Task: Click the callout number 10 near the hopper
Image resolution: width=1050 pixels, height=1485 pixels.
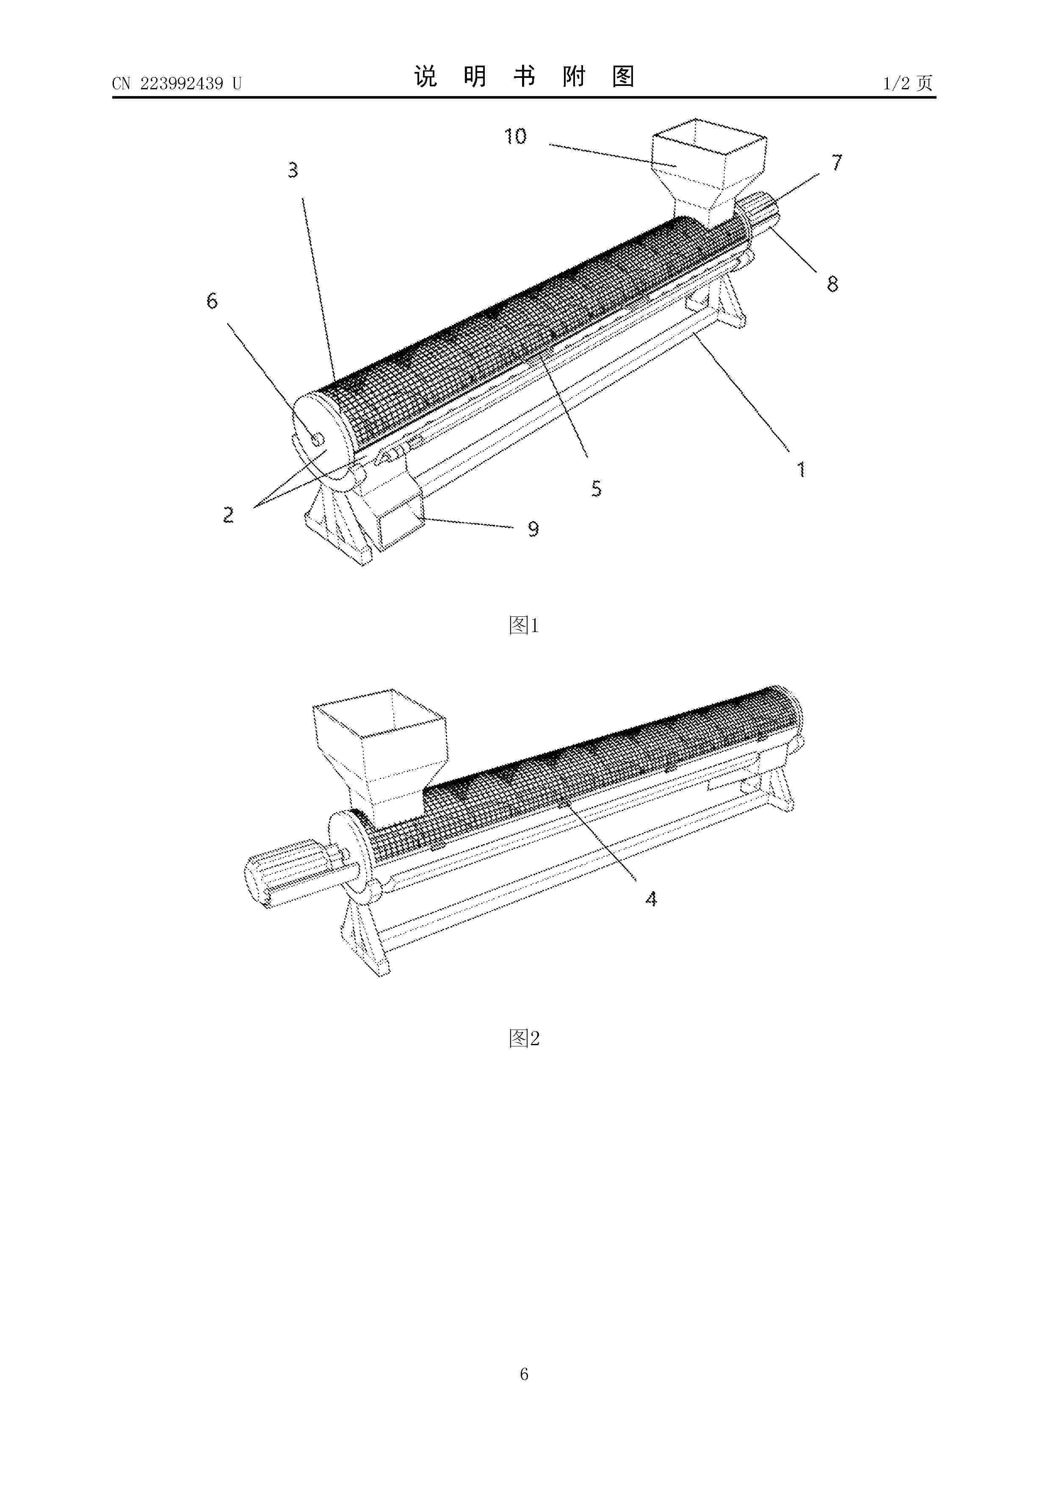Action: point(516,136)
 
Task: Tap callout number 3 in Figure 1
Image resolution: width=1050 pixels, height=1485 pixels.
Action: point(293,171)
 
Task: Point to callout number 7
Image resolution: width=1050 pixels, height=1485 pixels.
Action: point(837,162)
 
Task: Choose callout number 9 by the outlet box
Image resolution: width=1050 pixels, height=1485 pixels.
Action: point(533,530)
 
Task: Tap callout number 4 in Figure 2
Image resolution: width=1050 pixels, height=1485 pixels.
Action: point(651,898)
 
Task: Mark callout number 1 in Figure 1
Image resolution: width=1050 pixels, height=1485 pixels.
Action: point(801,469)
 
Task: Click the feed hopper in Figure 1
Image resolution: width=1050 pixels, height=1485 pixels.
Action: point(708,168)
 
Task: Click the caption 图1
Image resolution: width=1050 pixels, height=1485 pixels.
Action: point(524,625)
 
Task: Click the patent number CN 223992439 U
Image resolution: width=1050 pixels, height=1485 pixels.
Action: point(177,83)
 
